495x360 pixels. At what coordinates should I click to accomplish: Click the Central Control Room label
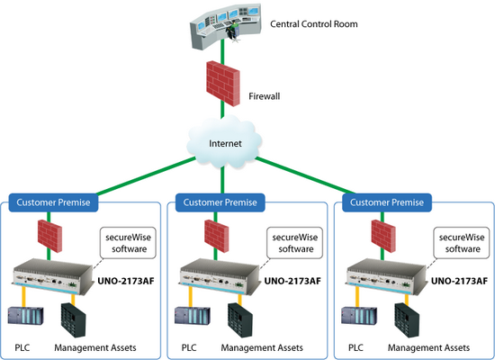click(314, 24)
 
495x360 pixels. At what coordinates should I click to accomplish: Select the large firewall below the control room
click(223, 84)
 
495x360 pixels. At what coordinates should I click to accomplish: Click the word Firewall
click(265, 96)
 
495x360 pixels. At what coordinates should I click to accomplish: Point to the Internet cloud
click(224, 142)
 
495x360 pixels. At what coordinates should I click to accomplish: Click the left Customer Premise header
click(53, 202)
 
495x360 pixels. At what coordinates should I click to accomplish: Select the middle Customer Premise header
click(220, 202)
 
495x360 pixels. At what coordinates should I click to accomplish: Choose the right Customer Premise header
click(387, 202)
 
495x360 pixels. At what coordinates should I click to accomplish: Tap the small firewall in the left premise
click(49, 236)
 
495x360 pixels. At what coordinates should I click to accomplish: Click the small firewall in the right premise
click(383, 236)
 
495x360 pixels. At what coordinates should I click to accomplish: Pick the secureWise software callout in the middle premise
click(295, 243)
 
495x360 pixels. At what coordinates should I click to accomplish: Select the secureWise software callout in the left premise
click(128, 243)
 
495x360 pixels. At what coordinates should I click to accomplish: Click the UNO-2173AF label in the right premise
click(459, 281)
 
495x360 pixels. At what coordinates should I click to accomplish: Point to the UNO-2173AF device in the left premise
click(53, 276)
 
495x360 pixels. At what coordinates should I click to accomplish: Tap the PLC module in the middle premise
click(193, 315)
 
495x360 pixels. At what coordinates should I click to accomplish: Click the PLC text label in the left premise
click(22, 347)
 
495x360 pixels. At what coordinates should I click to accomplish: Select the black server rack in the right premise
click(407, 319)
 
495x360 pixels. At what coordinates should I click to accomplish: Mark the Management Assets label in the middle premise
click(262, 348)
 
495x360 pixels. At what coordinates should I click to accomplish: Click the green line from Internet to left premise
click(146, 175)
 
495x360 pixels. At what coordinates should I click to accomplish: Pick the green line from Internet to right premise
click(305, 175)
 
